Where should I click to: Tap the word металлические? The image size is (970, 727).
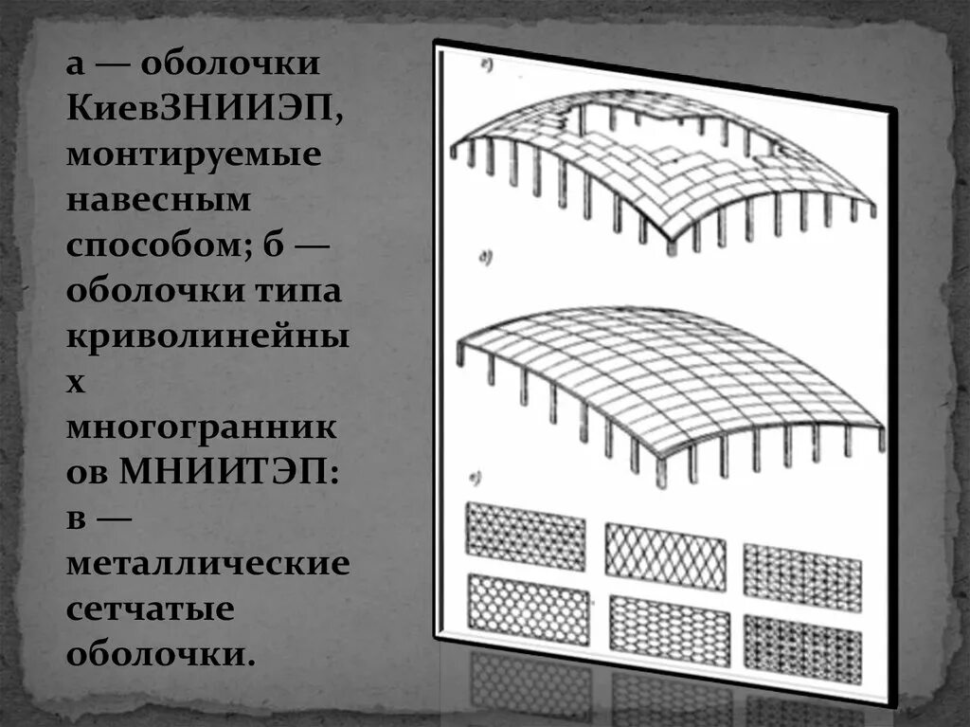[x=208, y=564]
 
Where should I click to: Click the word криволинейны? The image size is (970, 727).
[x=208, y=336]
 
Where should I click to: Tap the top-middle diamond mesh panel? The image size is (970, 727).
[x=665, y=549]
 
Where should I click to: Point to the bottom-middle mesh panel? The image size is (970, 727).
[x=669, y=628]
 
